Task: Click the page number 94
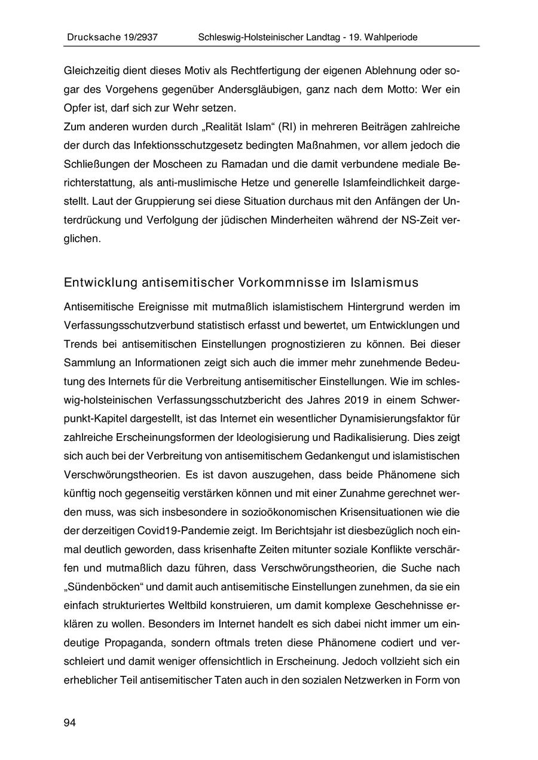[x=70, y=724]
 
